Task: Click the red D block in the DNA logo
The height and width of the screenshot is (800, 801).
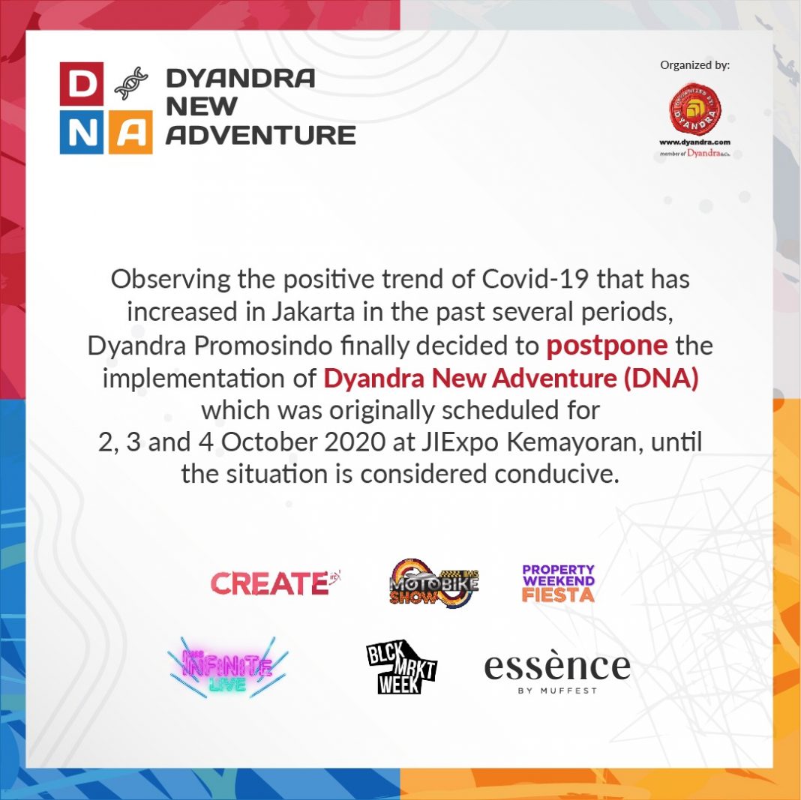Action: (x=82, y=84)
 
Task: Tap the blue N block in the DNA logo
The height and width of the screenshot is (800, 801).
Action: (x=82, y=132)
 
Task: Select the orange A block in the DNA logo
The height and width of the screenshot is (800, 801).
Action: (x=130, y=132)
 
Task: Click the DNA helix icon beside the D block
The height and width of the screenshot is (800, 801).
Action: (x=131, y=83)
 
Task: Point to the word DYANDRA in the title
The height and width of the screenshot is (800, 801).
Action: (x=241, y=78)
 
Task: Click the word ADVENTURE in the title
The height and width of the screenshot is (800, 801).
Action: (x=260, y=135)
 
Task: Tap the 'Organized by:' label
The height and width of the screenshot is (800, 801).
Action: (x=694, y=64)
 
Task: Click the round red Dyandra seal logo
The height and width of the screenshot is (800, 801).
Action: (x=695, y=109)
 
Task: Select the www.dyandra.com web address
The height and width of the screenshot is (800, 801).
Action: (x=694, y=142)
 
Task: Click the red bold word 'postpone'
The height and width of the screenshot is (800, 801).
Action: (x=607, y=346)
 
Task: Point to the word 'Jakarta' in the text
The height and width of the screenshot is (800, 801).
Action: (x=313, y=312)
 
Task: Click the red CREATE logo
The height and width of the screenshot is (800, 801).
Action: (x=274, y=583)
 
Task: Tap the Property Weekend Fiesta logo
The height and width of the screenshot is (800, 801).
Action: (x=558, y=583)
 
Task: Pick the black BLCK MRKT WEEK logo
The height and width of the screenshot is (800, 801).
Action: (x=401, y=667)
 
